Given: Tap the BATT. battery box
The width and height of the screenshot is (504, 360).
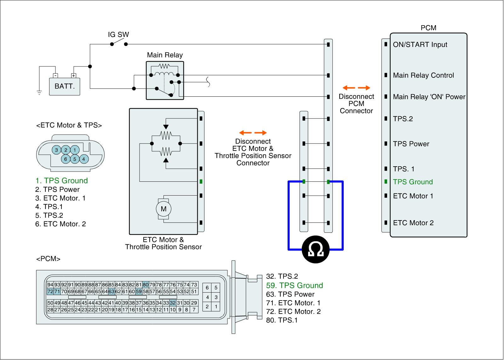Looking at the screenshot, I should pyautogui.click(x=65, y=86).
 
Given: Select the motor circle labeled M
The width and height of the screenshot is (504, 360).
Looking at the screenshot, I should pyautogui.click(x=163, y=209).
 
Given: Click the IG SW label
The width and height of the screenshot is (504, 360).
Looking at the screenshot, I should pyautogui.click(x=118, y=35).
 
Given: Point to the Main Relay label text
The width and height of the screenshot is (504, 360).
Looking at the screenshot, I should pyautogui.click(x=165, y=55).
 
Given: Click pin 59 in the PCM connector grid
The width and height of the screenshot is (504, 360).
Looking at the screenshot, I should pyautogui.click(x=139, y=292).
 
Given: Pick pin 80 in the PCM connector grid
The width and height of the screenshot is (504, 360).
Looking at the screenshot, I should pyautogui.click(x=146, y=285).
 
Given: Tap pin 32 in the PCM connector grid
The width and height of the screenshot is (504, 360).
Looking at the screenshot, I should pyautogui.click(x=173, y=303).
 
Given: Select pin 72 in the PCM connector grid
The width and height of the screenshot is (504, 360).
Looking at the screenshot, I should pyautogui.click(x=50, y=292).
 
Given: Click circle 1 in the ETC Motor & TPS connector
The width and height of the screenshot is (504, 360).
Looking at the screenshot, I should pyautogui.click(x=75, y=150).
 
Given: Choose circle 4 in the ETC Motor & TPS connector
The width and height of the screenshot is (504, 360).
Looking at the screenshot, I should pyautogui.click(x=83, y=159).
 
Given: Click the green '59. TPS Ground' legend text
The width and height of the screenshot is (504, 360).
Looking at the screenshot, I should pyautogui.click(x=295, y=285).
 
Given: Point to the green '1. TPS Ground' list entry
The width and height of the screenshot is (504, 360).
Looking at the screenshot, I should pyautogui.click(x=61, y=180).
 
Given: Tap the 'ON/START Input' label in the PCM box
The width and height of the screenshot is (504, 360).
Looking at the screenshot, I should pyautogui.click(x=420, y=45).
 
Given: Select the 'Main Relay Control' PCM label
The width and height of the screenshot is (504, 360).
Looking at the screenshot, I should pyautogui.click(x=423, y=75).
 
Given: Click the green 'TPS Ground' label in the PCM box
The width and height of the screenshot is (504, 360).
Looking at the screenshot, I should pyautogui.click(x=413, y=182).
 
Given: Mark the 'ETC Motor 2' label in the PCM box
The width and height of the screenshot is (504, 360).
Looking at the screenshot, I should pyautogui.click(x=413, y=223).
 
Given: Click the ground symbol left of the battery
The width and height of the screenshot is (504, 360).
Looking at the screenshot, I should pyautogui.click(x=39, y=92).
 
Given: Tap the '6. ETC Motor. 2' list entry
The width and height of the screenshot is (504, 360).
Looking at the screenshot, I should pyautogui.click(x=60, y=224).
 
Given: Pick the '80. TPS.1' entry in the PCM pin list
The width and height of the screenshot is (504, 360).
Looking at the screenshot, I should pyautogui.click(x=282, y=320).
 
